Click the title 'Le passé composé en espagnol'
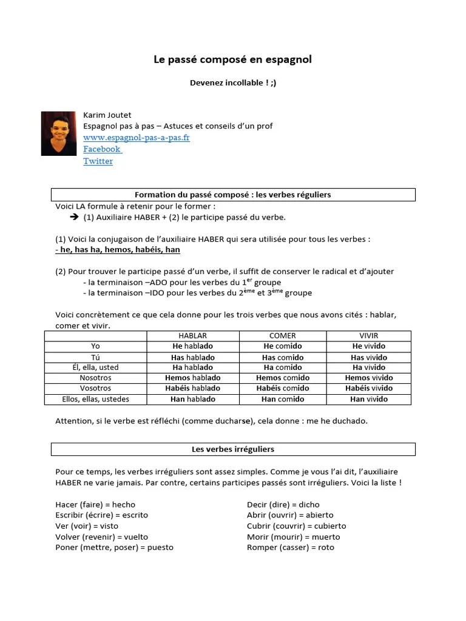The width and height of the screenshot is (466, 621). click(x=233, y=59)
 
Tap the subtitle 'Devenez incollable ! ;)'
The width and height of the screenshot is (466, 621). click(x=233, y=83)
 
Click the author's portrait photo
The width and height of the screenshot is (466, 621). click(x=59, y=133)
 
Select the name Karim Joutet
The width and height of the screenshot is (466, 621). click(x=107, y=115)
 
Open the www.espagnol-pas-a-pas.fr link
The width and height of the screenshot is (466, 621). click(x=137, y=138)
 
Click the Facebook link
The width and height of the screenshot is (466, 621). click(x=102, y=149)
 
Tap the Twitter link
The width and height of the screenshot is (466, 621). click(x=98, y=161)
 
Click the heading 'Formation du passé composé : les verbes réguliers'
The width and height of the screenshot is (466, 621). click(x=233, y=195)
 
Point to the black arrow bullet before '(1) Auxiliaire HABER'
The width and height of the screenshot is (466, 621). click(x=75, y=217)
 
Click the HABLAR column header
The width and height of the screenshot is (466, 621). click(x=192, y=335)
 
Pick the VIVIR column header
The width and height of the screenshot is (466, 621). click(x=368, y=335)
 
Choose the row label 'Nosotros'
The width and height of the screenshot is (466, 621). click(x=95, y=378)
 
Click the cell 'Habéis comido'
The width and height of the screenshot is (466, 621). click(x=282, y=388)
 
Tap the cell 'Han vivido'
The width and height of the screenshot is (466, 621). click(x=368, y=399)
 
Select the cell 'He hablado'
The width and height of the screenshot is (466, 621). click(x=192, y=346)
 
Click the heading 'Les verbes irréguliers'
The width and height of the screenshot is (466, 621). click(x=233, y=449)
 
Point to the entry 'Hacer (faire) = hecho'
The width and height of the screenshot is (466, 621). click(x=95, y=505)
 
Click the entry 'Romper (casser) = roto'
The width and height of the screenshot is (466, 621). click(x=290, y=548)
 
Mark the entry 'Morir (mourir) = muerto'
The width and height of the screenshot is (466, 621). click(x=293, y=537)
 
